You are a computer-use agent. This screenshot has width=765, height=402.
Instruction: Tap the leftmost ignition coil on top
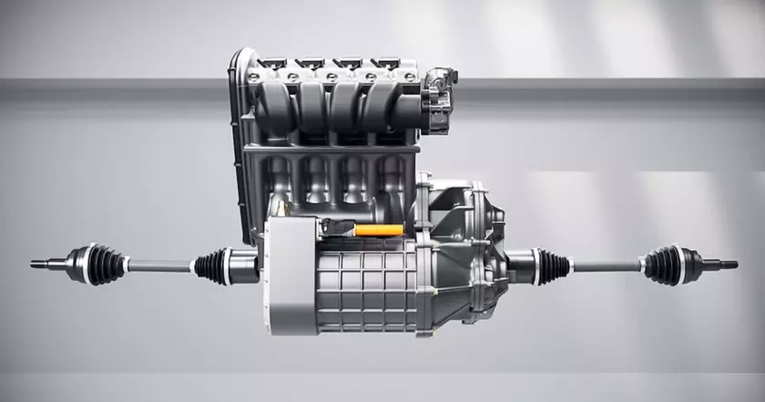tap(271, 64)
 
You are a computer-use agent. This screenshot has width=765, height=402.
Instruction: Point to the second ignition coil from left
tap(310, 64)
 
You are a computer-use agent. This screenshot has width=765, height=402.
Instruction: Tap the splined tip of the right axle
tap(726, 265)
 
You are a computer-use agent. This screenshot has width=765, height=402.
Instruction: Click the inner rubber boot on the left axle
tap(210, 266)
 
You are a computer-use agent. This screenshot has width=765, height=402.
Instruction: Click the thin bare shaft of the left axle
tap(160, 265)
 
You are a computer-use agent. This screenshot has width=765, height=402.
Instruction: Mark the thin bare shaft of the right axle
tap(606, 265)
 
